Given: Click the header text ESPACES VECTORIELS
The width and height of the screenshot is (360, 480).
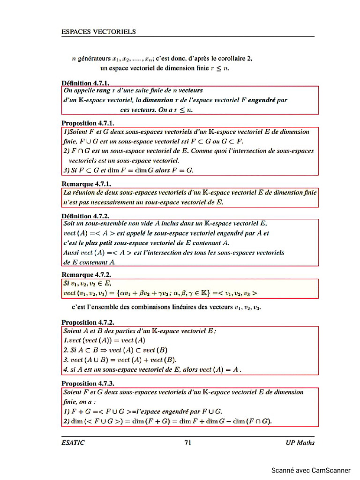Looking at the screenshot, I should click(x=98, y=32).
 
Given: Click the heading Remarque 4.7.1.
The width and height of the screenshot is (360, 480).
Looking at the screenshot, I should click(x=86, y=184).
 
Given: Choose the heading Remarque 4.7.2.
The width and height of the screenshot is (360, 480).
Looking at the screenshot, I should click(x=86, y=275).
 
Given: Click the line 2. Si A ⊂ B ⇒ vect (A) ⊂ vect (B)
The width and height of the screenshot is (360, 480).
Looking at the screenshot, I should click(x=115, y=350).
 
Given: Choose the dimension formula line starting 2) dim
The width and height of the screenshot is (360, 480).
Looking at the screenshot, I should click(x=167, y=421).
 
